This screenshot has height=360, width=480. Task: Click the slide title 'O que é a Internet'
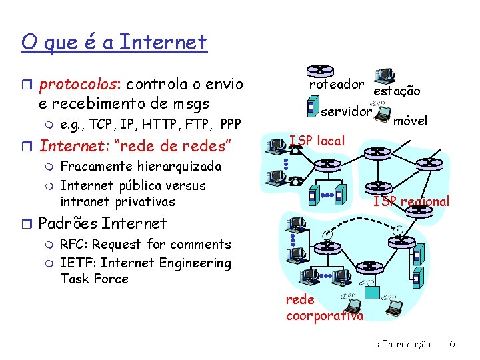coord(114,43)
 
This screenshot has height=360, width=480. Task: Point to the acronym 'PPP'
coord(230,124)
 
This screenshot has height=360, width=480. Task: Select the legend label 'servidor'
coord(345,112)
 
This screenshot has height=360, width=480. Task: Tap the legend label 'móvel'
coord(410,121)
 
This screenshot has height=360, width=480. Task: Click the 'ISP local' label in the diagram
coord(317,141)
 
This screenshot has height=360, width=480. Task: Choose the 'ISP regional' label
coord(411,201)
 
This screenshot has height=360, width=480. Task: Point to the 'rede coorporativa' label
coord(325,308)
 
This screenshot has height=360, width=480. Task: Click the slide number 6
coord(452,344)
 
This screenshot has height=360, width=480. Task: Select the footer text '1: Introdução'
coord(401,344)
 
